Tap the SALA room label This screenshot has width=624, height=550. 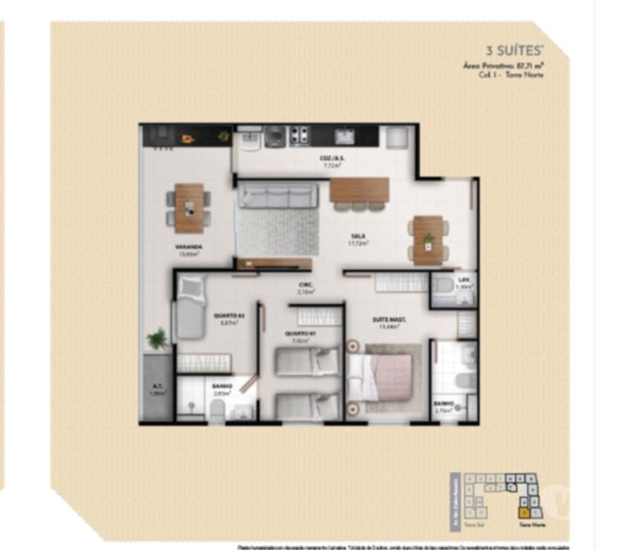(353, 235)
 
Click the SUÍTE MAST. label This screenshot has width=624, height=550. (389, 320)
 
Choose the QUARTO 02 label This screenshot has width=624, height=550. (229, 315)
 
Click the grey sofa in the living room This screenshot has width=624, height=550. (278, 196)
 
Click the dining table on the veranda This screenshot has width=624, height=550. (190, 207)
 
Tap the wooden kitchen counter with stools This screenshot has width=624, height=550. (360, 190)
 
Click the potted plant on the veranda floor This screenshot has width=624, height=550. (158, 338)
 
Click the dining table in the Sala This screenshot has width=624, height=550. (428, 240)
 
